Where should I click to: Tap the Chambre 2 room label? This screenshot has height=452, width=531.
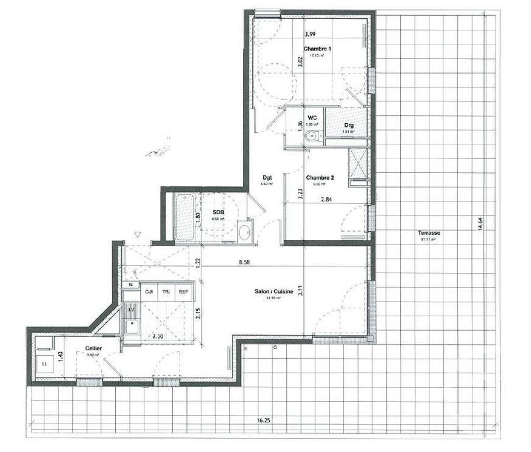[320, 178]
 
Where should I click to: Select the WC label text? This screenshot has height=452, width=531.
[312, 118]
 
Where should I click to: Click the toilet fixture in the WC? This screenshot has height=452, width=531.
[312, 136]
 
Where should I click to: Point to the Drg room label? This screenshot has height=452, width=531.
[348, 125]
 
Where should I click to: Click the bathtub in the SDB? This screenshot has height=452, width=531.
[183, 217]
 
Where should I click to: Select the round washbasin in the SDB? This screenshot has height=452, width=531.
[245, 232]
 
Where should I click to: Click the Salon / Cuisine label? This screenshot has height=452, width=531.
[274, 292]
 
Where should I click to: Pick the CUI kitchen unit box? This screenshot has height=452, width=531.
[149, 292]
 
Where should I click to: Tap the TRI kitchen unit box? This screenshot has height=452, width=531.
[166, 292]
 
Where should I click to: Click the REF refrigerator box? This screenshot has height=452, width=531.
[183, 292]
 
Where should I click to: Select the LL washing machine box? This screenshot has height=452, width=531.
[44, 364]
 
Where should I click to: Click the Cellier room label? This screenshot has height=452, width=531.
[93, 348]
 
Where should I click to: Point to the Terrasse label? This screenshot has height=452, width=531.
[429, 233]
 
